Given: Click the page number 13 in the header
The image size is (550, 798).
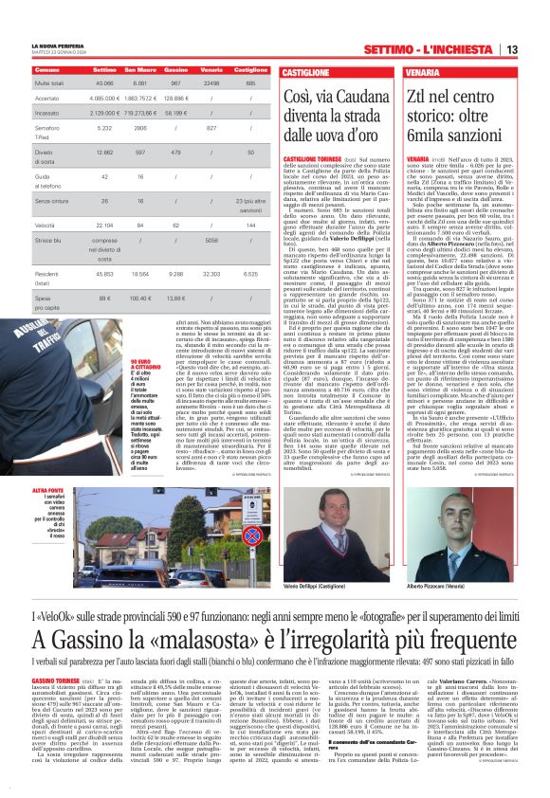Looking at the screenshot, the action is click(537, 49).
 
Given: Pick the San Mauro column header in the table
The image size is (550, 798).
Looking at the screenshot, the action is click(140, 70).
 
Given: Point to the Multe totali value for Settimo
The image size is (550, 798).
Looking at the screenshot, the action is click(104, 82).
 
